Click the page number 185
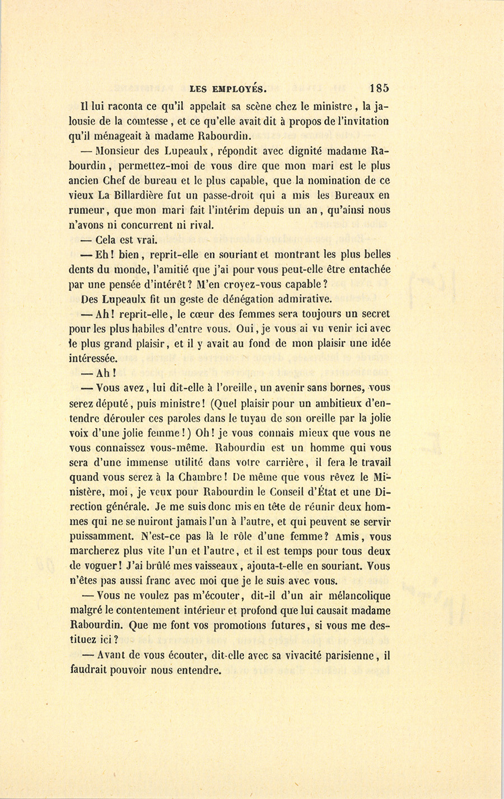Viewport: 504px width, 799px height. tap(379, 88)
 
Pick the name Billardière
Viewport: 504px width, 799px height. tap(148, 196)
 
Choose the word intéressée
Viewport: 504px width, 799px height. tap(94, 358)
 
